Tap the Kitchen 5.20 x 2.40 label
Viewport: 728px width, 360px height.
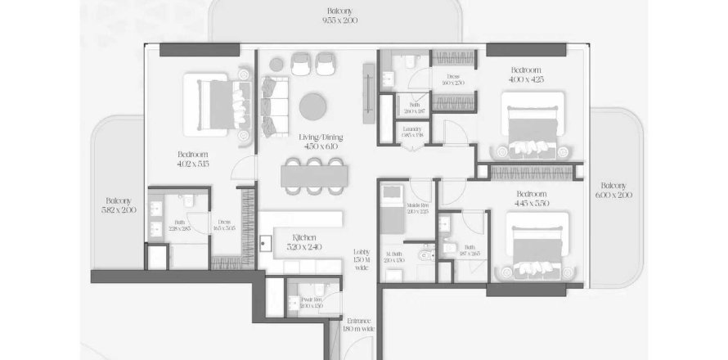[x=303, y=242]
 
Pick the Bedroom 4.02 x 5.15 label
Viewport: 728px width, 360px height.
[x=193, y=160]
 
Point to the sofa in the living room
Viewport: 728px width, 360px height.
[x=272, y=98]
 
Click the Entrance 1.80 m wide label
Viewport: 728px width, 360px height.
[x=359, y=324]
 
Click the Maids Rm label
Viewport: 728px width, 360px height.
[x=417, y=207]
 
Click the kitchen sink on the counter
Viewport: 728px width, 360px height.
[x=266, y=242]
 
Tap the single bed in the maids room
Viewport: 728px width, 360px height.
[x=393, y=210]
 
